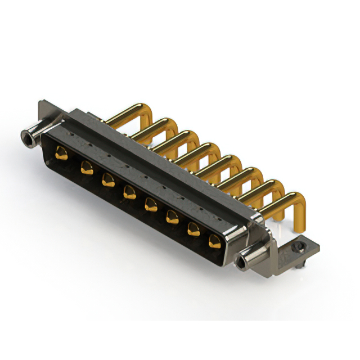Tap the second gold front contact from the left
(86, 166)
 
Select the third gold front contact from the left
(107, 180)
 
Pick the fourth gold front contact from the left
(129, 191)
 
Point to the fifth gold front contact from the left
(151, 204)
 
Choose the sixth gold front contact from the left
(172, 216)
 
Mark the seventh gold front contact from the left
(193, 228)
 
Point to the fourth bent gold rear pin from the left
(191, 151)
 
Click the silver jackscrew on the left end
(29, 137)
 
